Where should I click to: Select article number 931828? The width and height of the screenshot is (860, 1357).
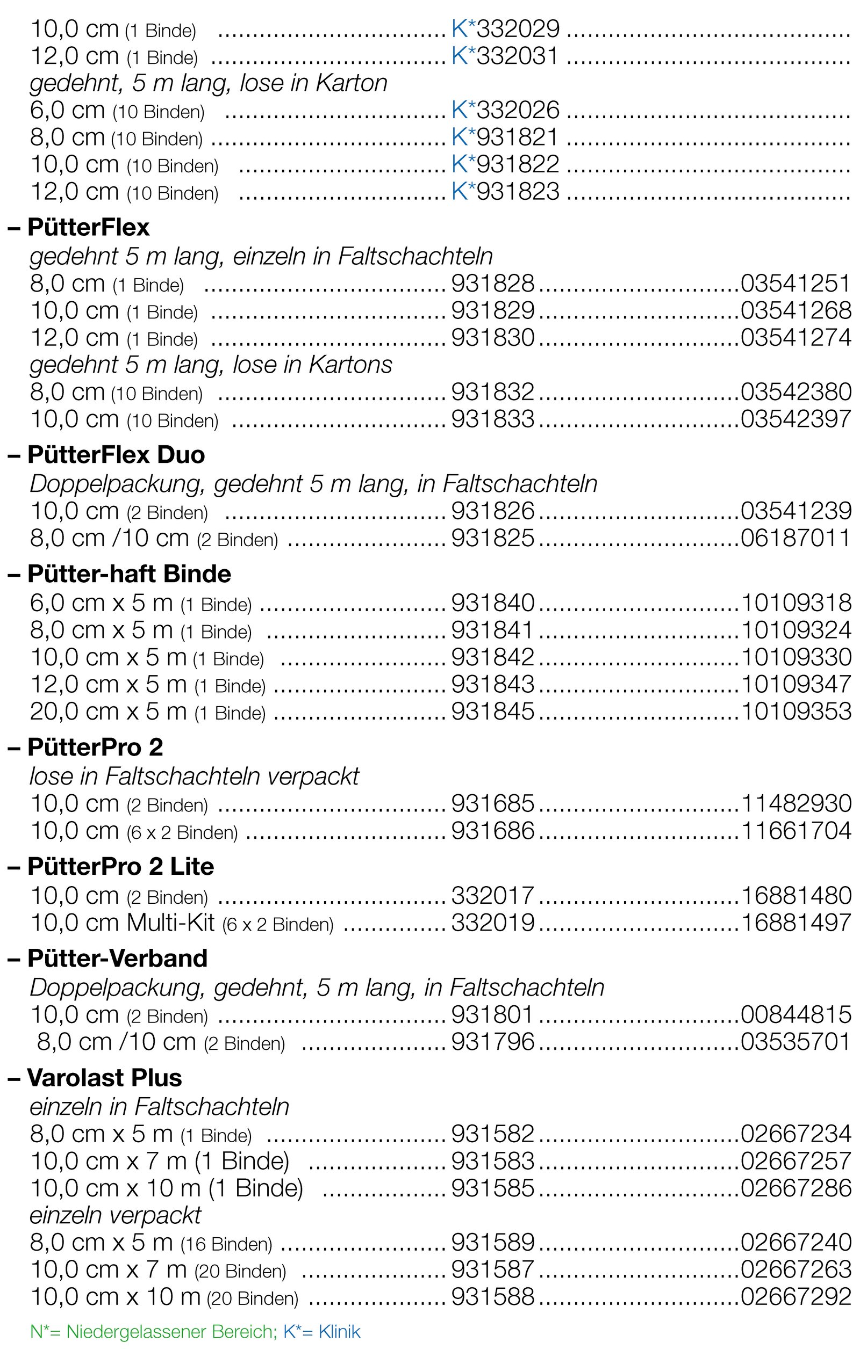[x=492, y=284]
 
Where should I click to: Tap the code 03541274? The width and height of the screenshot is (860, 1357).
[x=795, y=338]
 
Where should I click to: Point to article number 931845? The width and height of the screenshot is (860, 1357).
[x=492, y=711]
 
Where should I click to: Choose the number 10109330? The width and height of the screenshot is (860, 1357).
[x=795, y=657]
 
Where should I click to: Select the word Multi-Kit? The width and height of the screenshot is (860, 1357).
[x=171, y=923]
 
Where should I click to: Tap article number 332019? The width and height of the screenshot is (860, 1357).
[x=492, y=923]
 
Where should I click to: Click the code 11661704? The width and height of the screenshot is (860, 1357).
[x=795, y=831]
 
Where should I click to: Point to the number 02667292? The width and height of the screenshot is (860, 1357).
[x=795, y=1297]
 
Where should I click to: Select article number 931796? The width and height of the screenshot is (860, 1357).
[x=492, y=1042]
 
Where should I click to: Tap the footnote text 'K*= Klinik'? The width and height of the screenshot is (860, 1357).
[x=321, y=1332]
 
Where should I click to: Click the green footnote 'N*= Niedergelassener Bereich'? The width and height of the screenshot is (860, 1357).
[x=152, y=1332]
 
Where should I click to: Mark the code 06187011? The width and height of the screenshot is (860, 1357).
[x=795, y=538]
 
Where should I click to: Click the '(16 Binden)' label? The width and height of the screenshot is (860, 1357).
[x=227, y=1244]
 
